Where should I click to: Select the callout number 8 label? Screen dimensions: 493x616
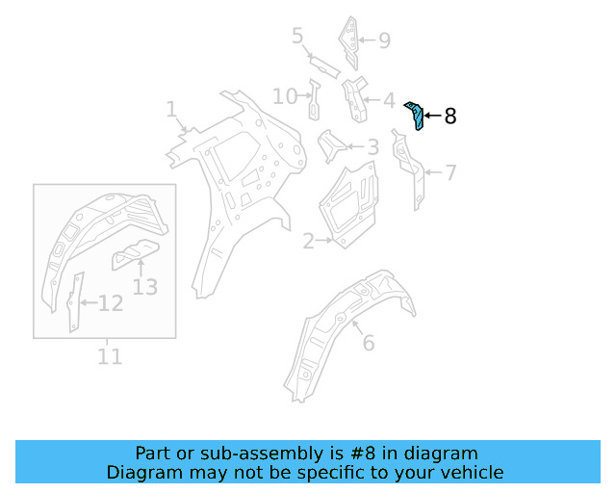pyautogui.click(x=449, y=117)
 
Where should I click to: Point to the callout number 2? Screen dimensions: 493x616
pyautogui.click(x=308, y=242)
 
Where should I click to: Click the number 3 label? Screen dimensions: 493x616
pyautogui.click(x=372, y=147)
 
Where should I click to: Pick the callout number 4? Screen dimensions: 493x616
pyautogui.click(x=388, y=100)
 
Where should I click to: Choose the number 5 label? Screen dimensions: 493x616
pyautogui.click(x=298, y=37)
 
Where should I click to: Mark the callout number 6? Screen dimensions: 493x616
pyautogui.click(x=368, y=343)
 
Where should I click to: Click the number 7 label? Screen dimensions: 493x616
pyautogui.click(x=449, y=173)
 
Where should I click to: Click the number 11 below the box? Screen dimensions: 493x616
pyautogui.click(x=110, y=356)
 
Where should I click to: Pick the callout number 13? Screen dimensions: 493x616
pyautogui.click(x=144, y=286)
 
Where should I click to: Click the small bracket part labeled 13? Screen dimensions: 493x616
pyautogui.click(x=133, y=255)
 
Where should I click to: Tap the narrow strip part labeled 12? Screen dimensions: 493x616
pyautogui.click(x=73, y=302)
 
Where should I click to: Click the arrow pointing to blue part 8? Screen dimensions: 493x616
pyautogui.click(x=432, y=117)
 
